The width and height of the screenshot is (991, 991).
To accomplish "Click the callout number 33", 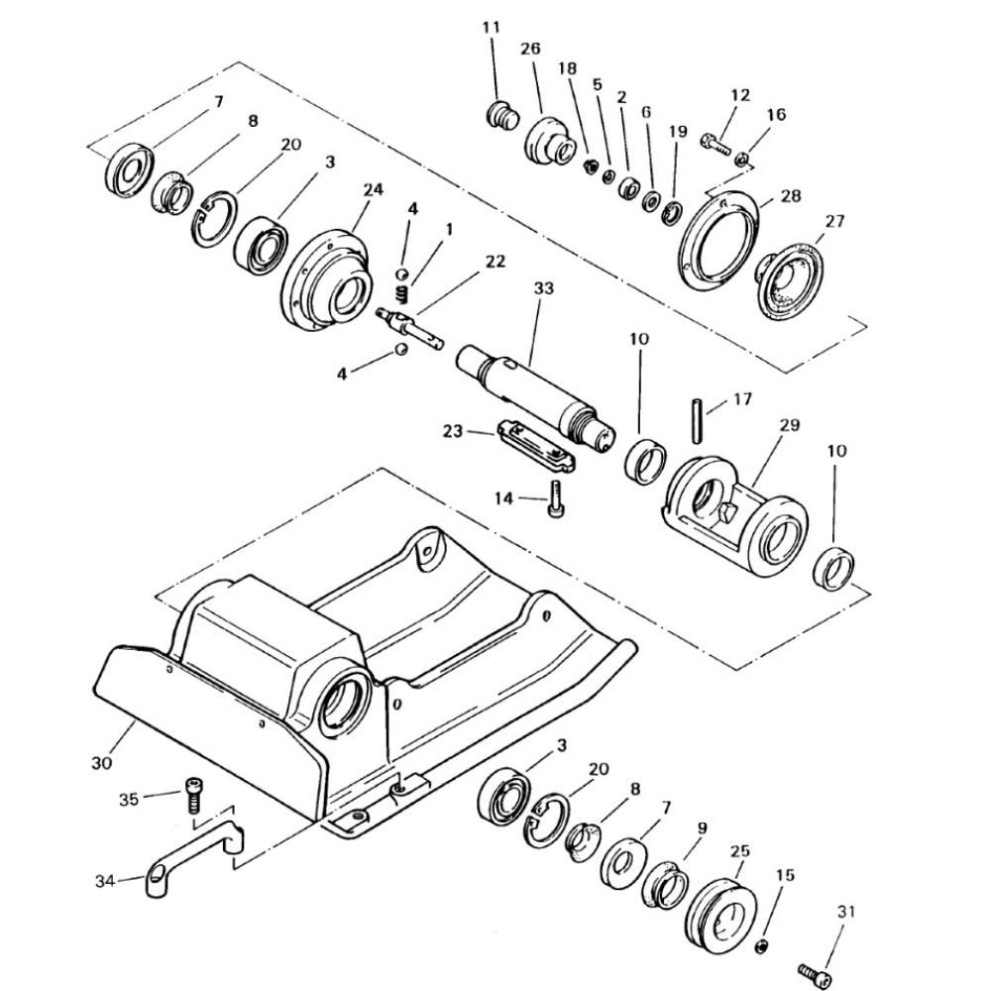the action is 543,288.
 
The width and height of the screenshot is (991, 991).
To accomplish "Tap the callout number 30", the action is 102,763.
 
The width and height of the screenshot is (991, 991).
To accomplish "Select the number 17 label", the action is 742,398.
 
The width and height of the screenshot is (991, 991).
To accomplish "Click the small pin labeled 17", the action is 697,419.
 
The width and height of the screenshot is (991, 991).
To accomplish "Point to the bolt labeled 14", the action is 555,498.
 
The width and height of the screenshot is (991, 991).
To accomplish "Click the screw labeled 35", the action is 193,796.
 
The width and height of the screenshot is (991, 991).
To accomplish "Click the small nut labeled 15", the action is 762,946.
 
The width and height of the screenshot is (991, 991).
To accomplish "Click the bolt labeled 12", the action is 716,144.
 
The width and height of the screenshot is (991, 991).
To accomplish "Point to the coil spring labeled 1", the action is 400,293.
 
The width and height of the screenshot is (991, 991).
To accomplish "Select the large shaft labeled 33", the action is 535,397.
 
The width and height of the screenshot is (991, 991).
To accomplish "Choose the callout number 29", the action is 790,425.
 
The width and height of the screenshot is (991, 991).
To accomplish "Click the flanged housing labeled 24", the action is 324,277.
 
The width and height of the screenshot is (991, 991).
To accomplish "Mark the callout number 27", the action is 834,221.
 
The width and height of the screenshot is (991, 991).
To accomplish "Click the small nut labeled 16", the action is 742,158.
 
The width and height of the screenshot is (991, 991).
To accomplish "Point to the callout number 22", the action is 495,261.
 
